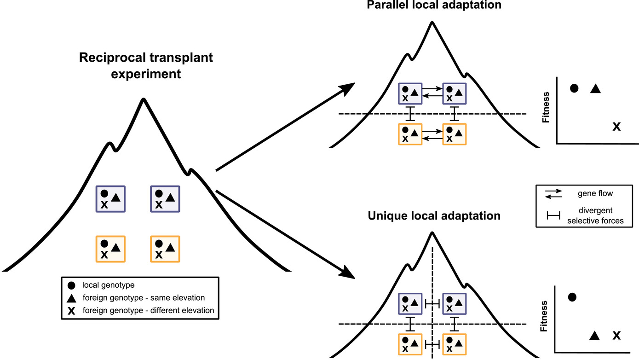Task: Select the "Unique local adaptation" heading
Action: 434,215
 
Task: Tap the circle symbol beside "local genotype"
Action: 72,285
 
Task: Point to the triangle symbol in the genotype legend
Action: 72,298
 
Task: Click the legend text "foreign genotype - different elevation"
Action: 148,310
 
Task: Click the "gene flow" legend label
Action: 596,193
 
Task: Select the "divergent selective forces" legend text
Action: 596,215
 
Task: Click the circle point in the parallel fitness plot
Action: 574,88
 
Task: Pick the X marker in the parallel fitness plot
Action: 616,126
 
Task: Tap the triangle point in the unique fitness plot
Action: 594,336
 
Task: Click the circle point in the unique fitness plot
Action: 572,297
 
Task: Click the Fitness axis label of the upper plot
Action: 546,107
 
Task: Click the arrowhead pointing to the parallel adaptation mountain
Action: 349,87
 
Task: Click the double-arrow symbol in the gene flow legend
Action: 554,194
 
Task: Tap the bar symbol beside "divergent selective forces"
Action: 554,215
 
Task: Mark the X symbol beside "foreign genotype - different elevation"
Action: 72,311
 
